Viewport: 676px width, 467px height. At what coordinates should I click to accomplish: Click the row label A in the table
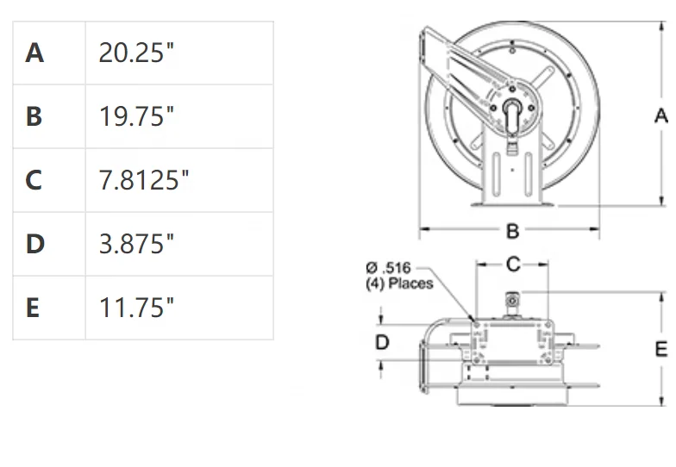click(x=34, y=53)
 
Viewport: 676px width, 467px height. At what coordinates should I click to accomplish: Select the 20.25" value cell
click(x=136, y=53)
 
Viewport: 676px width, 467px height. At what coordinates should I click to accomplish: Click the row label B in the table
click(x=34, y=116)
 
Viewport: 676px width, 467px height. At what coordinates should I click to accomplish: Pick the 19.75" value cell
click(x=136, y=116)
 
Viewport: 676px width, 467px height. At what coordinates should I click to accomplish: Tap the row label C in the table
click(x=34, y=180)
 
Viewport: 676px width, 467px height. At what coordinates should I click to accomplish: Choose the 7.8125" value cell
click(x=144, y=180)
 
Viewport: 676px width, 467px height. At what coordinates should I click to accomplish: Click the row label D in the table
click(x=34, y=244)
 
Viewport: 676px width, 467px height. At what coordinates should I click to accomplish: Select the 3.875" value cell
click(x=136, y=244)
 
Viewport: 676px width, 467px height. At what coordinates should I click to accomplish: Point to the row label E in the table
click(x=34, y=308)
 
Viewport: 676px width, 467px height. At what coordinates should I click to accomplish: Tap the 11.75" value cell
click(x=136, y=308)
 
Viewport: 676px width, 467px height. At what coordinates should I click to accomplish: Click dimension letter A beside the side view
click(x=661, y=115)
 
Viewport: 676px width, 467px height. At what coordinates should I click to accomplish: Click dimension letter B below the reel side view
click(x=512, y=231)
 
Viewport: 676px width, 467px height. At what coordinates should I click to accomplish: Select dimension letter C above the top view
click(x=513, y=265)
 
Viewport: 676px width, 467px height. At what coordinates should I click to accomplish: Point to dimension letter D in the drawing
click(x=382, y=343)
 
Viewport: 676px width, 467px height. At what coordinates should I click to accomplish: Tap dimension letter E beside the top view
click(x=661, y=349)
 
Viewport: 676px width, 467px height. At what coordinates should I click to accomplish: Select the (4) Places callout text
click(x=399, y=283)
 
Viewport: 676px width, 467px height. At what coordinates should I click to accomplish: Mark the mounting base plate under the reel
click(x=512, y=204)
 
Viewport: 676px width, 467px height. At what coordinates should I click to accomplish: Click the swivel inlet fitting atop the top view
click(x=512, y=302)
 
